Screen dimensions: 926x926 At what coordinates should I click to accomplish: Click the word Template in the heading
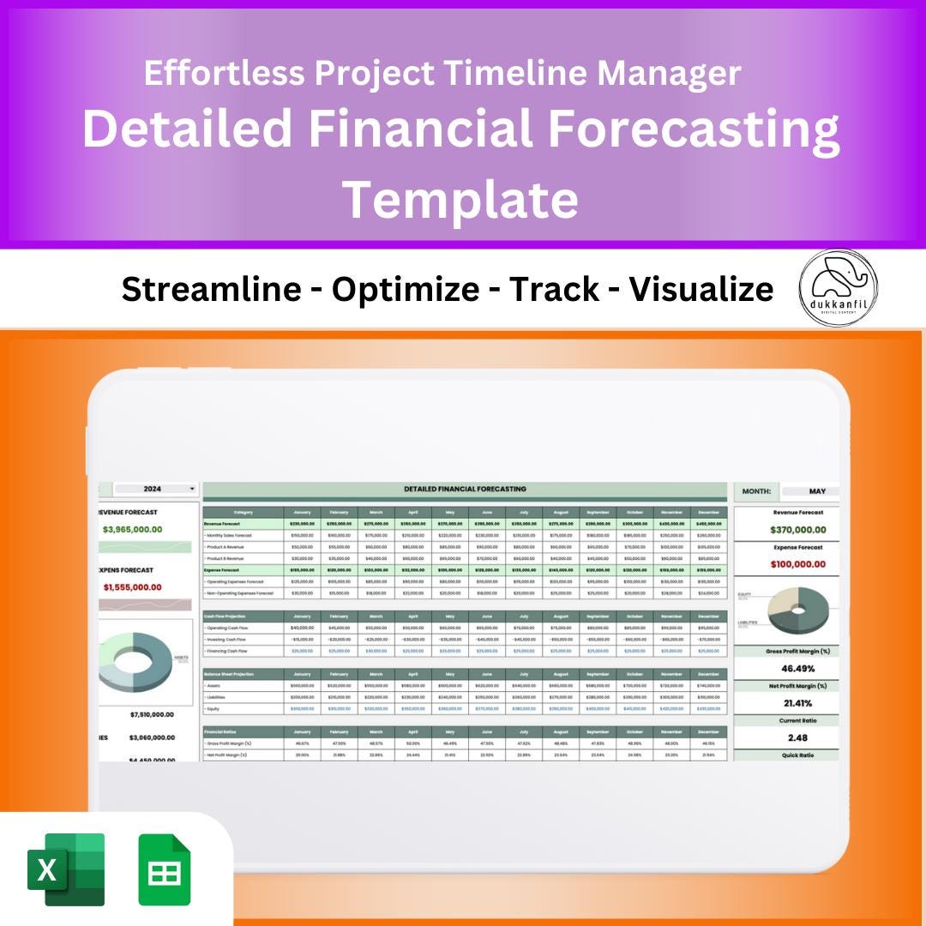point(461,199)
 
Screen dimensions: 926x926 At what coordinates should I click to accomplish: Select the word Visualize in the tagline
point(701,290)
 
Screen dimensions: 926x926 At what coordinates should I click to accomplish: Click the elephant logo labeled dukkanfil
point(838,289)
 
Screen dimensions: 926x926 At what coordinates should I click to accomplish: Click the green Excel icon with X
point(66,869)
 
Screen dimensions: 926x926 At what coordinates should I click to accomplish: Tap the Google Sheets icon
point(165,869)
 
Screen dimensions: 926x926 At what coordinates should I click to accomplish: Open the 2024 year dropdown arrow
point(192,489)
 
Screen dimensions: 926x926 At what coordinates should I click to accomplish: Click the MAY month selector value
point(816,491)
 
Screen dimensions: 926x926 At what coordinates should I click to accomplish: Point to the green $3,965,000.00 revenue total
point(132,529)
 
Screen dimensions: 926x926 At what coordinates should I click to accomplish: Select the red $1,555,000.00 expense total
point(132,587)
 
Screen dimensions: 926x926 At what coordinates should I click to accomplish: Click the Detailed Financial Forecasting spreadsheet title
point(465,489)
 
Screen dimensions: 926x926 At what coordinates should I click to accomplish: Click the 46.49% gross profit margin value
point(797,668)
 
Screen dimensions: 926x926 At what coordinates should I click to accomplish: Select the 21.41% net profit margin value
point(797,703)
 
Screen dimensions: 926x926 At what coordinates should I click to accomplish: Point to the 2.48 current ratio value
point(797,737)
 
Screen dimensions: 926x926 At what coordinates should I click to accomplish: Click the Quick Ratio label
point(797,755)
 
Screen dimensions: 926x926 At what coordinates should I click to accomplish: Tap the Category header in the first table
point(243,512)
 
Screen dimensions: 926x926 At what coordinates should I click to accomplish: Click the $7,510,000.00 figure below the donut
point(152,714)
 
